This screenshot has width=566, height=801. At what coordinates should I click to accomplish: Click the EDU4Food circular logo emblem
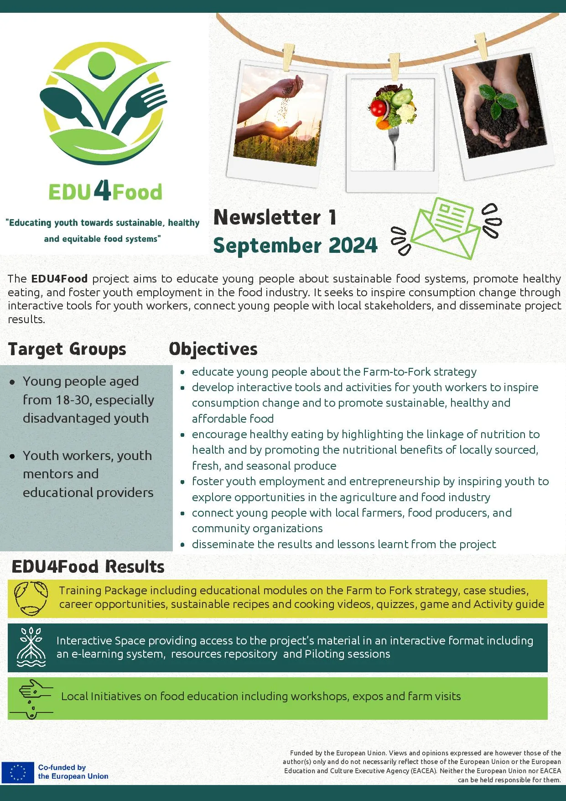(104, 104)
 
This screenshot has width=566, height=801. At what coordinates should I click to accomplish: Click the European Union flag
(18, 772)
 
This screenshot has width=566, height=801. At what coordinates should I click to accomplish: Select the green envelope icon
(446, 228)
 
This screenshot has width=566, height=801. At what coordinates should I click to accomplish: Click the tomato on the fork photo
(378, 108)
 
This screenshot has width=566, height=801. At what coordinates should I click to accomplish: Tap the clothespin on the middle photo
(395, 67)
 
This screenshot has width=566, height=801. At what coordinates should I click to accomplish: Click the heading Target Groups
(67, 349)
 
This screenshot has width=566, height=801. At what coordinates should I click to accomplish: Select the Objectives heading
(213, 349)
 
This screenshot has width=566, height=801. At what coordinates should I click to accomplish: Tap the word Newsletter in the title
(267, 217)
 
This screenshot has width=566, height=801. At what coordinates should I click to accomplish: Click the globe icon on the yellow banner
(31, 598)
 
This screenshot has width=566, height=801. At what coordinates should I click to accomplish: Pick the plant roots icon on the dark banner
(31, 647)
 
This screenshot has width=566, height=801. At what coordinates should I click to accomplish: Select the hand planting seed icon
(31, 699)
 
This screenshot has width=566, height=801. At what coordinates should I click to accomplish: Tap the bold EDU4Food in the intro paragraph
(59, 279)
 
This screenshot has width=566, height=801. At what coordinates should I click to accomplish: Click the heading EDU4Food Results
(88, 567)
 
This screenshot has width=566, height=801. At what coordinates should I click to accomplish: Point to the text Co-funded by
(62, 768)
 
